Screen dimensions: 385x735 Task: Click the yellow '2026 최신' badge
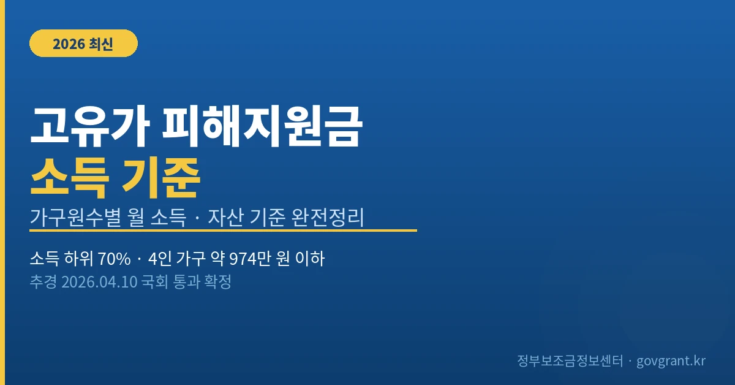83,44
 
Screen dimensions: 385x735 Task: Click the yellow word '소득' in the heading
70,176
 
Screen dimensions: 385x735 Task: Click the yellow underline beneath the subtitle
223,231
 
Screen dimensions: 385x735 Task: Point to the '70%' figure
115,259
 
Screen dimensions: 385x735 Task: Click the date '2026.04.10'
98,283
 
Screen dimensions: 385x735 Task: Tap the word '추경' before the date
43,283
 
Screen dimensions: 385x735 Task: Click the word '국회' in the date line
154,283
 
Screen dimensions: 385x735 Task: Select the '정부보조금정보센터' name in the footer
570,360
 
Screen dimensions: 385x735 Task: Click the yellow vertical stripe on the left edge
2,192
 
